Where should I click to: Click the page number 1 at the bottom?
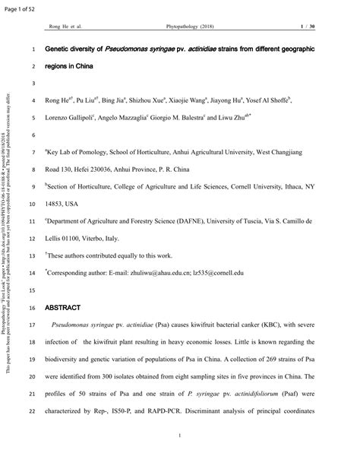point(178,436)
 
